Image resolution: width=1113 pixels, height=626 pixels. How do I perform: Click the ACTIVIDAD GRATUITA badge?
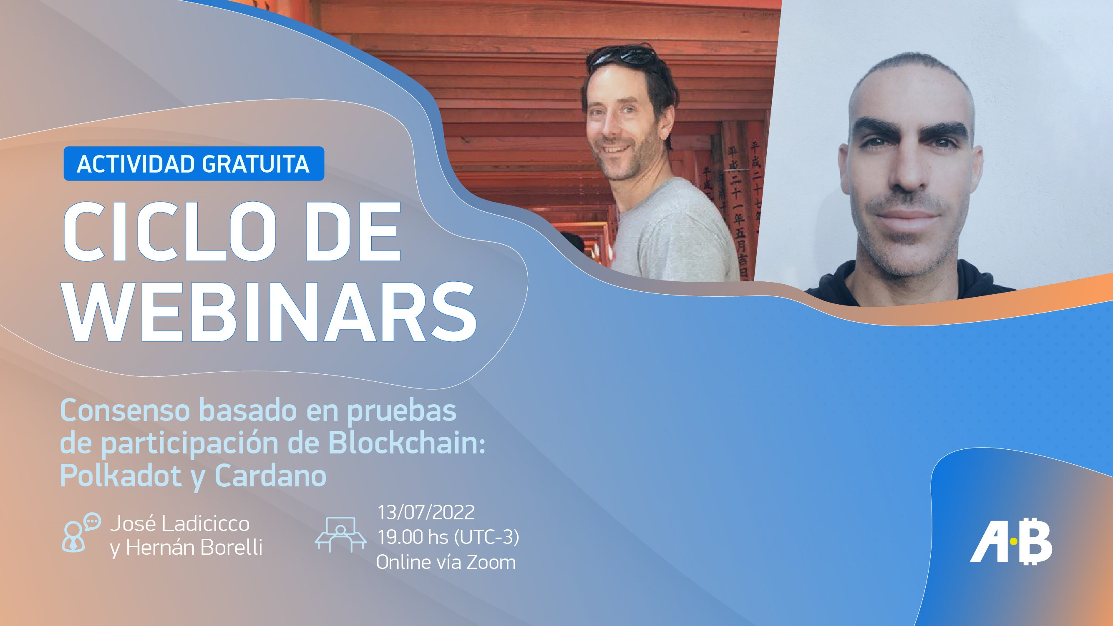[194, 164]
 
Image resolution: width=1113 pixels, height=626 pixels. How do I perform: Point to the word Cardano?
[270, 476]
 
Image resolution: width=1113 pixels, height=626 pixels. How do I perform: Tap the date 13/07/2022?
[426, 513]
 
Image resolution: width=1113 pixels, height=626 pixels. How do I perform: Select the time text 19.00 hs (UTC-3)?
[448, 538]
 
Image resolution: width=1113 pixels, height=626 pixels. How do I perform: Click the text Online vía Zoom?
[446, 562]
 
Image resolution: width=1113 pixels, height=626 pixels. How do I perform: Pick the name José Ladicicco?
[180, 524]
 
